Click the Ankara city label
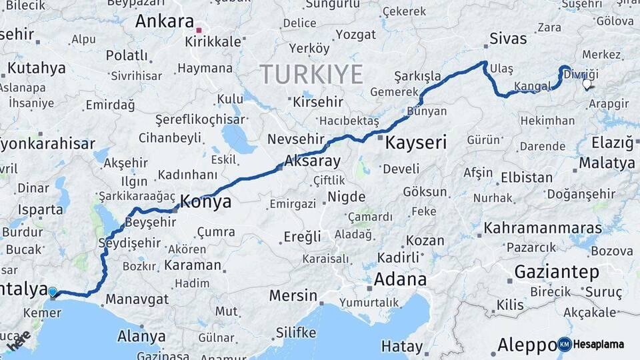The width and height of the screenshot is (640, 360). [164, 21]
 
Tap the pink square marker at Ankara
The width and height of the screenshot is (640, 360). [198, 30]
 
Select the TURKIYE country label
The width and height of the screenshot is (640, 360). [311, 73]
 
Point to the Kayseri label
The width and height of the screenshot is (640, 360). [415, 142]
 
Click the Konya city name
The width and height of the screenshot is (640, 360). [206, 201]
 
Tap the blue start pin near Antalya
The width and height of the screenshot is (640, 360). [53, 291]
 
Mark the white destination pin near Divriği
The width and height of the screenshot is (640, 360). [587, 85]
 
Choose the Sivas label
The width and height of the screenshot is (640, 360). [508, 38]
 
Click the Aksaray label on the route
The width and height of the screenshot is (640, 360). [312, 161]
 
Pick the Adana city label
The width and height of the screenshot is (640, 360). [400, 279]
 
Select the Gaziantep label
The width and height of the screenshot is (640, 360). [557, 272]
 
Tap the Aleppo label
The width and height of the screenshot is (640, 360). [527, 345]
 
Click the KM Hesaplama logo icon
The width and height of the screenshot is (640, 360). [565, 344]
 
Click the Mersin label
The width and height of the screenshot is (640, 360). [293, 295]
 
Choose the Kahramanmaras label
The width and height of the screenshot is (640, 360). [543, 228]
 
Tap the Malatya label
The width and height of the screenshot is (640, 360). [607, 163]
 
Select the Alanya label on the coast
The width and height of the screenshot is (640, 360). [141, 336]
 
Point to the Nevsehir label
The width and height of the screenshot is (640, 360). [293, 139]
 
